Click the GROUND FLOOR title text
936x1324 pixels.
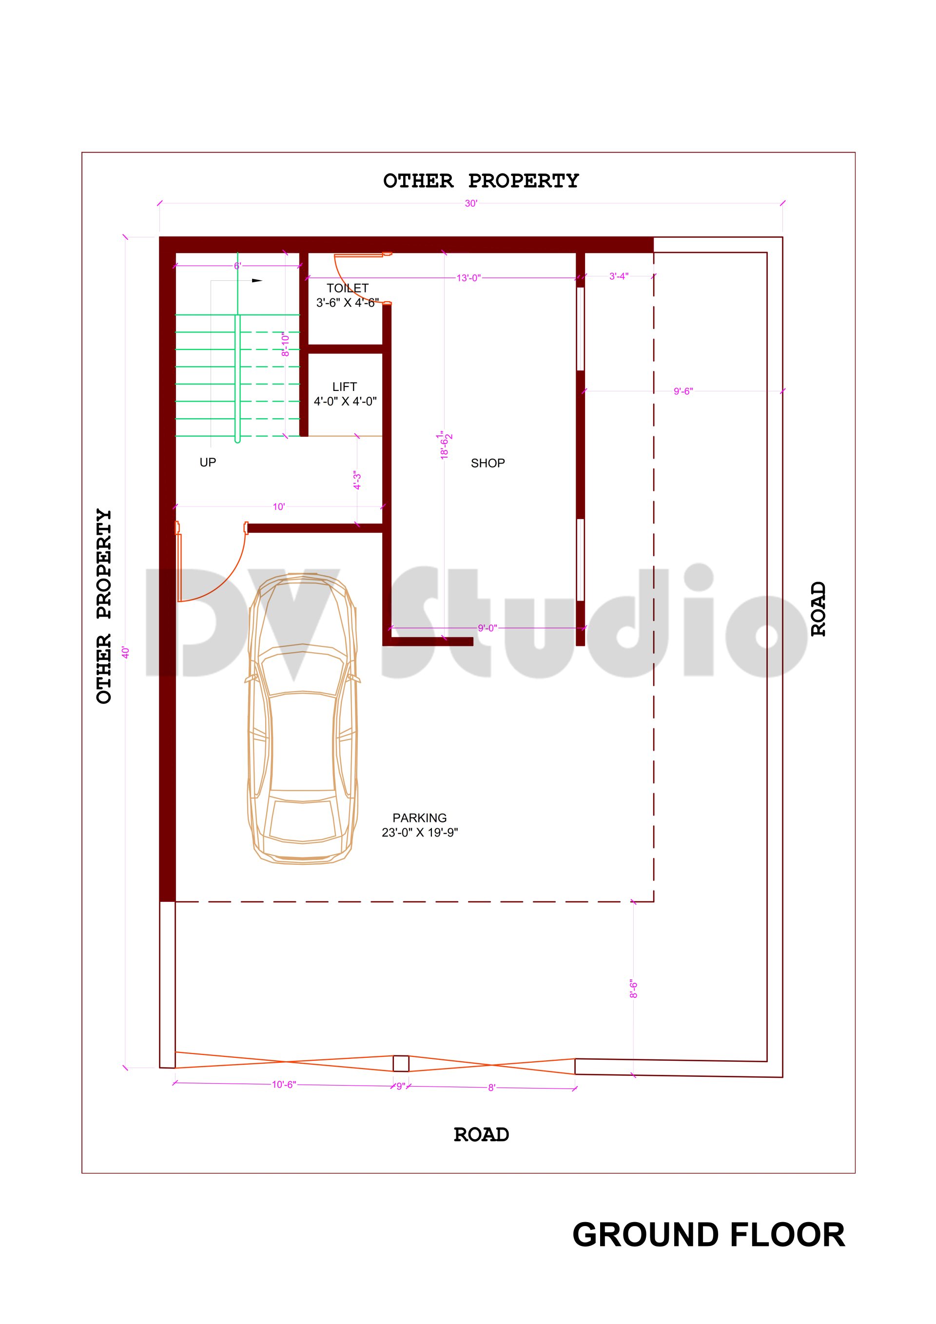[708, 1235]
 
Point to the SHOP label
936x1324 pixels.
[487, 463]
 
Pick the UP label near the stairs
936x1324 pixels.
[208, 462]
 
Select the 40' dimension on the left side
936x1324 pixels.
[126, 652]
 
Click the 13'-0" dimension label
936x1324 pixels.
[468, 278]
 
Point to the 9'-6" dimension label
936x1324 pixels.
[683, 391]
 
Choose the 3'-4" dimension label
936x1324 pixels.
[619, 277]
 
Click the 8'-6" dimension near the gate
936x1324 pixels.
[634, 989]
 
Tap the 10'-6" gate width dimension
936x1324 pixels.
[284, 1085]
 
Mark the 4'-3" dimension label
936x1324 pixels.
[357, 480]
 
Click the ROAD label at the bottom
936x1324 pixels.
[481, 1135]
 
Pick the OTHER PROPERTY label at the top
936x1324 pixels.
[481, 181]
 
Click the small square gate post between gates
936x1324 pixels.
[401, 1063]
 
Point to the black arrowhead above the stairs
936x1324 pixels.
[256, 281]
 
